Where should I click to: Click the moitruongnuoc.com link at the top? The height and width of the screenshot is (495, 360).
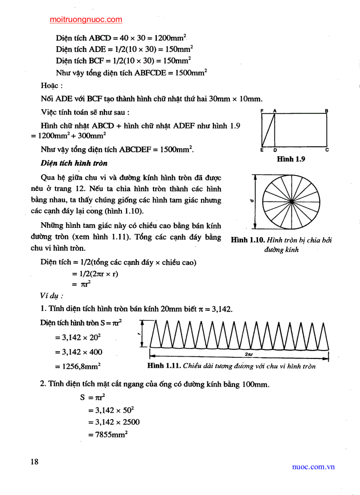86,19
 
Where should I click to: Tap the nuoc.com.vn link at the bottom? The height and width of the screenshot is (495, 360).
313,466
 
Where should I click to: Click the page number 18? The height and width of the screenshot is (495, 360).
34,462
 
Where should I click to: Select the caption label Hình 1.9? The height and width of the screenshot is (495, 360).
291,159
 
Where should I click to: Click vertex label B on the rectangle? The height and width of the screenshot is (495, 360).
326,111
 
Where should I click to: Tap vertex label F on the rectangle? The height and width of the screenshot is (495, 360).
262,111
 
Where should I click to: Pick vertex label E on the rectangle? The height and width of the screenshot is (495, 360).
262,150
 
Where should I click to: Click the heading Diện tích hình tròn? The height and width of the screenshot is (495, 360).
74,163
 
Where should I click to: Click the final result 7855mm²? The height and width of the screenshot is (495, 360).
108,435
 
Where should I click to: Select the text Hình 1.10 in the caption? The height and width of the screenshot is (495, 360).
247,240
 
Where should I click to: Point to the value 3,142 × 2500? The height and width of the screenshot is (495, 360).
113,422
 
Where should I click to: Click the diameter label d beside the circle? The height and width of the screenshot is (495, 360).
251,201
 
